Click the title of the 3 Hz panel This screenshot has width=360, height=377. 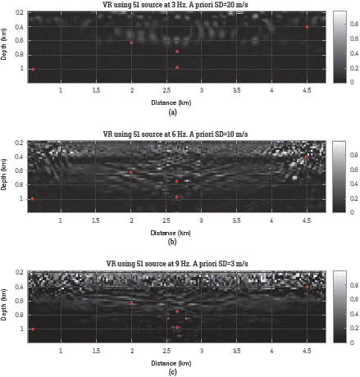click(x=171, y=5)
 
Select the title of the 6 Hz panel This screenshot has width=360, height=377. click(x=171, y=133)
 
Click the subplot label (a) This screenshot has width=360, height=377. click(x=171, y=111)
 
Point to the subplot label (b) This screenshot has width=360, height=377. click(x=171, y=242)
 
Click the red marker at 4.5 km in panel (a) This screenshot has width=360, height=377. click(x=307, y=27)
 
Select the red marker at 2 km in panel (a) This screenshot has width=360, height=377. click(x=131, y=43)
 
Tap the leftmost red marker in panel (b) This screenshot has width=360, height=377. click(x=32, y=198)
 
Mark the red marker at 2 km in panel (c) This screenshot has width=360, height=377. click(x=131, y=303)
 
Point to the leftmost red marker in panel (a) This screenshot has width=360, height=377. click(x=32, y=69)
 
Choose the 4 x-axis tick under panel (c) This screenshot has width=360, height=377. click(x=271, y=351)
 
